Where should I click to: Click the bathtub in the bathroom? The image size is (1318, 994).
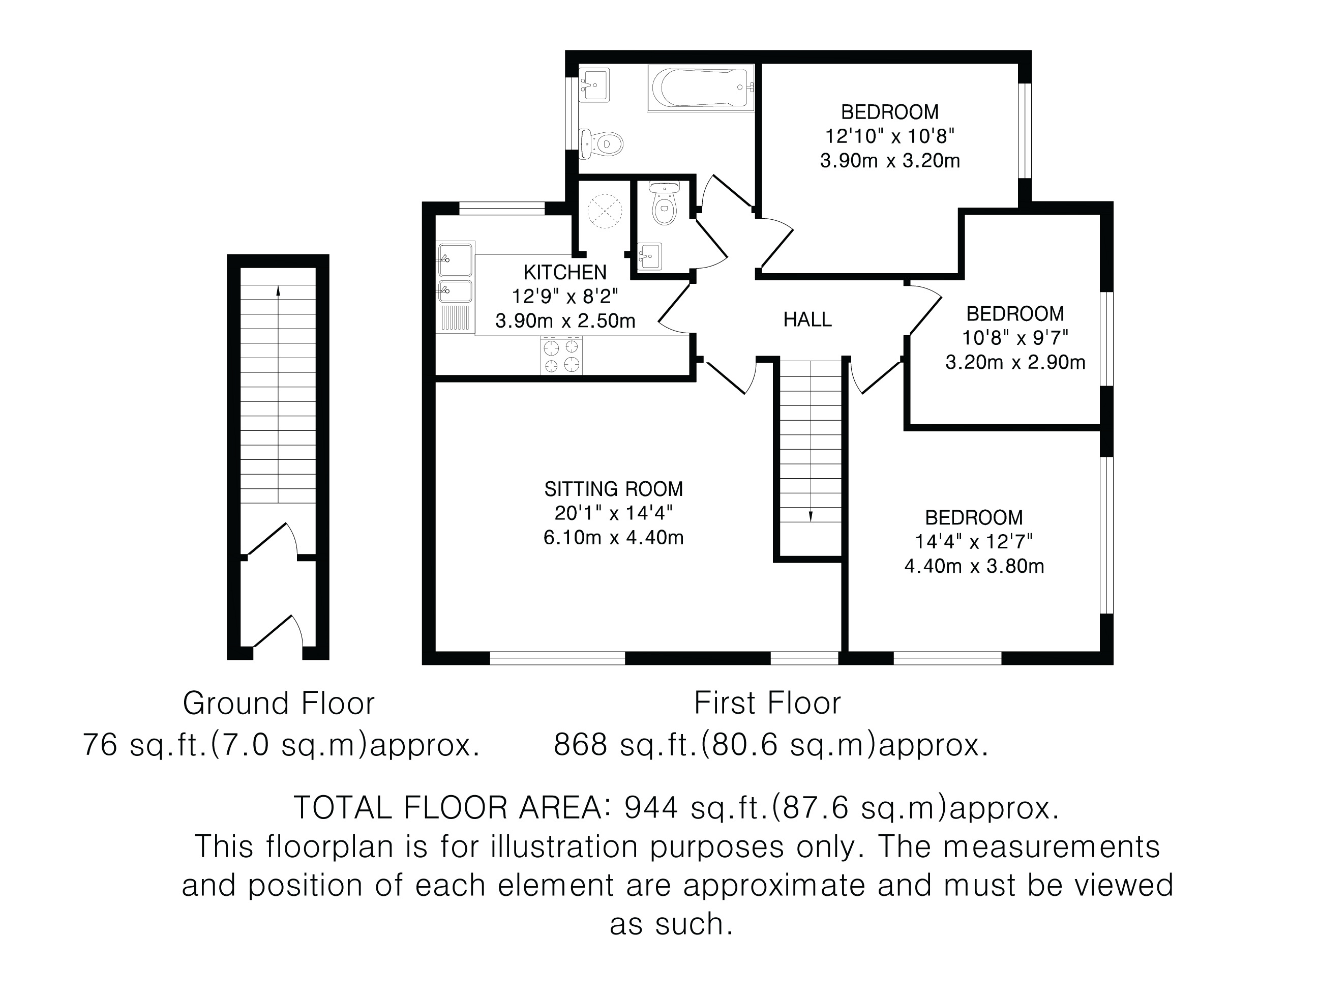701,87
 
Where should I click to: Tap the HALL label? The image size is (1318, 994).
807,320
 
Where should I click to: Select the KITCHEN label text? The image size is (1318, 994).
565,272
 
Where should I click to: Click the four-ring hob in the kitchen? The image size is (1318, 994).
561,355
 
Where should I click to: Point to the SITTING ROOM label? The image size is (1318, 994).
613,489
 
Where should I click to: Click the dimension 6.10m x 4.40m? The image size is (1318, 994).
613,538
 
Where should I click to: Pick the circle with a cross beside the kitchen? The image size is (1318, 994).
605,211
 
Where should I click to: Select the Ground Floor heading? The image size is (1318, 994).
279,704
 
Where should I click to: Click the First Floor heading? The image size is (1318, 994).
767,703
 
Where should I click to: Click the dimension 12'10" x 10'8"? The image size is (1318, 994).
889,136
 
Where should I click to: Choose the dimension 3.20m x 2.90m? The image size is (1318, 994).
1015,362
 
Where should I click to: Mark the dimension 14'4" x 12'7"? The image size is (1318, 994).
974,542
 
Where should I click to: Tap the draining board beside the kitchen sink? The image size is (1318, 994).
456,317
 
